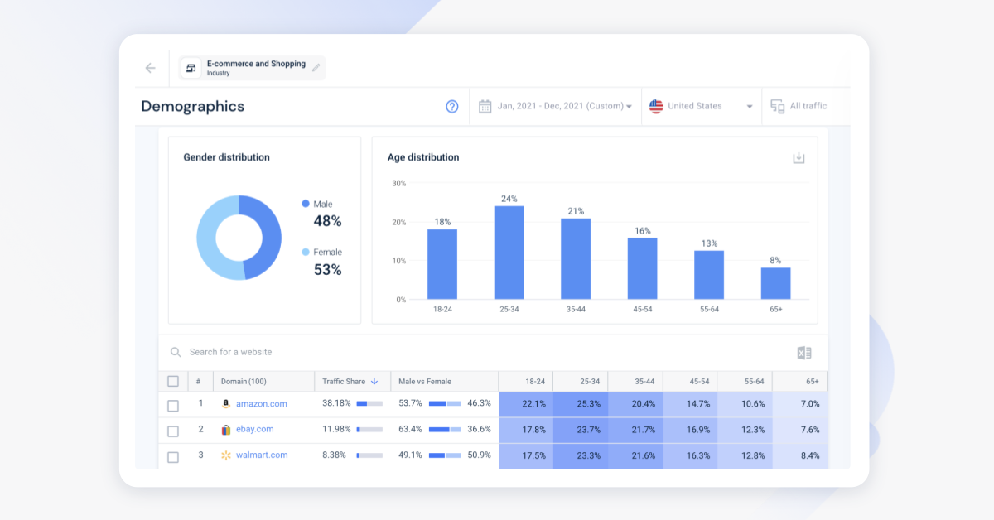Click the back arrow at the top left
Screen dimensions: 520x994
coord(150,68)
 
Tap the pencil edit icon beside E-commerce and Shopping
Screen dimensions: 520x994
coord(316,68)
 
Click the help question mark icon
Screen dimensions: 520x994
coord(452,106)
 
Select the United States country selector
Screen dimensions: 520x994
coord(701,106)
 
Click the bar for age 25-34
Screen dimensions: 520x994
coord(509,253)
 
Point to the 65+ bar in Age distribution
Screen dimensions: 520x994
coord(775,283)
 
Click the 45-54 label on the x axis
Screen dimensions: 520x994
coord(642,309)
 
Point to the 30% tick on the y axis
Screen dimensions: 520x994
coord(398,183)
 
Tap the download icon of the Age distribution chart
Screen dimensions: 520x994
coord(799,157)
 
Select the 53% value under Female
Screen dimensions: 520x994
coord(327,270)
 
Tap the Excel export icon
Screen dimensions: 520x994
coord(803,353)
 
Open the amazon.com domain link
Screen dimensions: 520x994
coord(261,404)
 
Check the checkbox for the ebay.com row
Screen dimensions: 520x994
coord(173,431)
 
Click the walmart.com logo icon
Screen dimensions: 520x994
coord(226,455)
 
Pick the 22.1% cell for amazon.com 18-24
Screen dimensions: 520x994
coord(534,404)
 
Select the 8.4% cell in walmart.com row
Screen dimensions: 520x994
coord(809,455)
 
